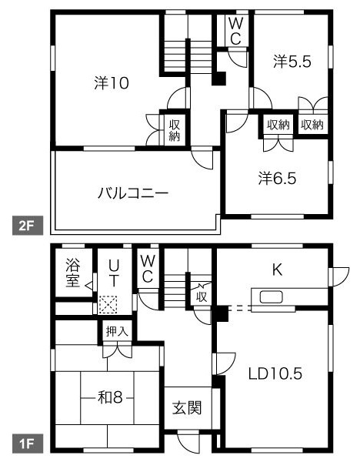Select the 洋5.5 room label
coord(292,63)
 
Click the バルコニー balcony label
coord(132,193)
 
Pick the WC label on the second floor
coord(235,32)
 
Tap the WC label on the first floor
coord(148,269)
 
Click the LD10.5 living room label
coord(274,374)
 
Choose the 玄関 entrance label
coord(186,407)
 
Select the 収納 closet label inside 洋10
coord(175,130)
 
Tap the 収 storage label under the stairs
coord(202,296)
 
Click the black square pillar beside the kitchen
coord(222,313)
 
